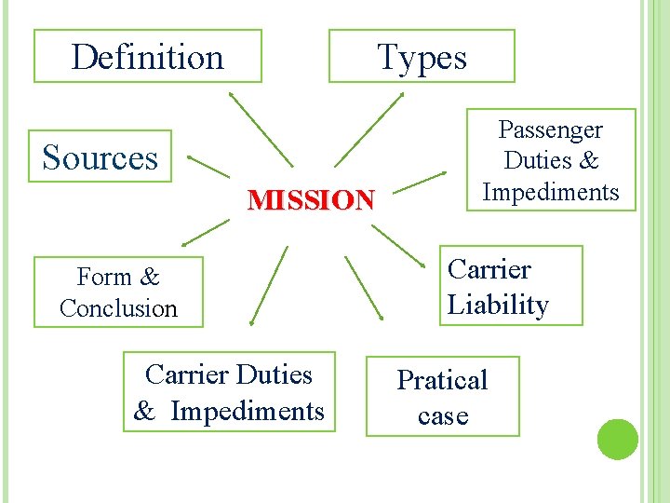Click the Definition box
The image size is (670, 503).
pos(148,57)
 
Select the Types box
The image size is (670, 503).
pos(422,57)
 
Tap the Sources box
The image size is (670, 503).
pos(101,156)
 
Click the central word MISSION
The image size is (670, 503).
pos(311,199)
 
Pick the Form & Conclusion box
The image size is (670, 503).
pos(118,292)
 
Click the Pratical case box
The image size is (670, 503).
pos(442,397)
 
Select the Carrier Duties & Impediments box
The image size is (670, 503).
pos(228,392)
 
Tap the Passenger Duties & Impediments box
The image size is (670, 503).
pos(551,161)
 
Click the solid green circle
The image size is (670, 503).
pos(617,439)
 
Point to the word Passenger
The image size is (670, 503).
pos(551,130)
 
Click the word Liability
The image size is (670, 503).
pos(498,305)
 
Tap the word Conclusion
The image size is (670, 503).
pos(118,308)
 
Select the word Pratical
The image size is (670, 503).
pos(442,380)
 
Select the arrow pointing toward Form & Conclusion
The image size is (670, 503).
pos(206,233)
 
